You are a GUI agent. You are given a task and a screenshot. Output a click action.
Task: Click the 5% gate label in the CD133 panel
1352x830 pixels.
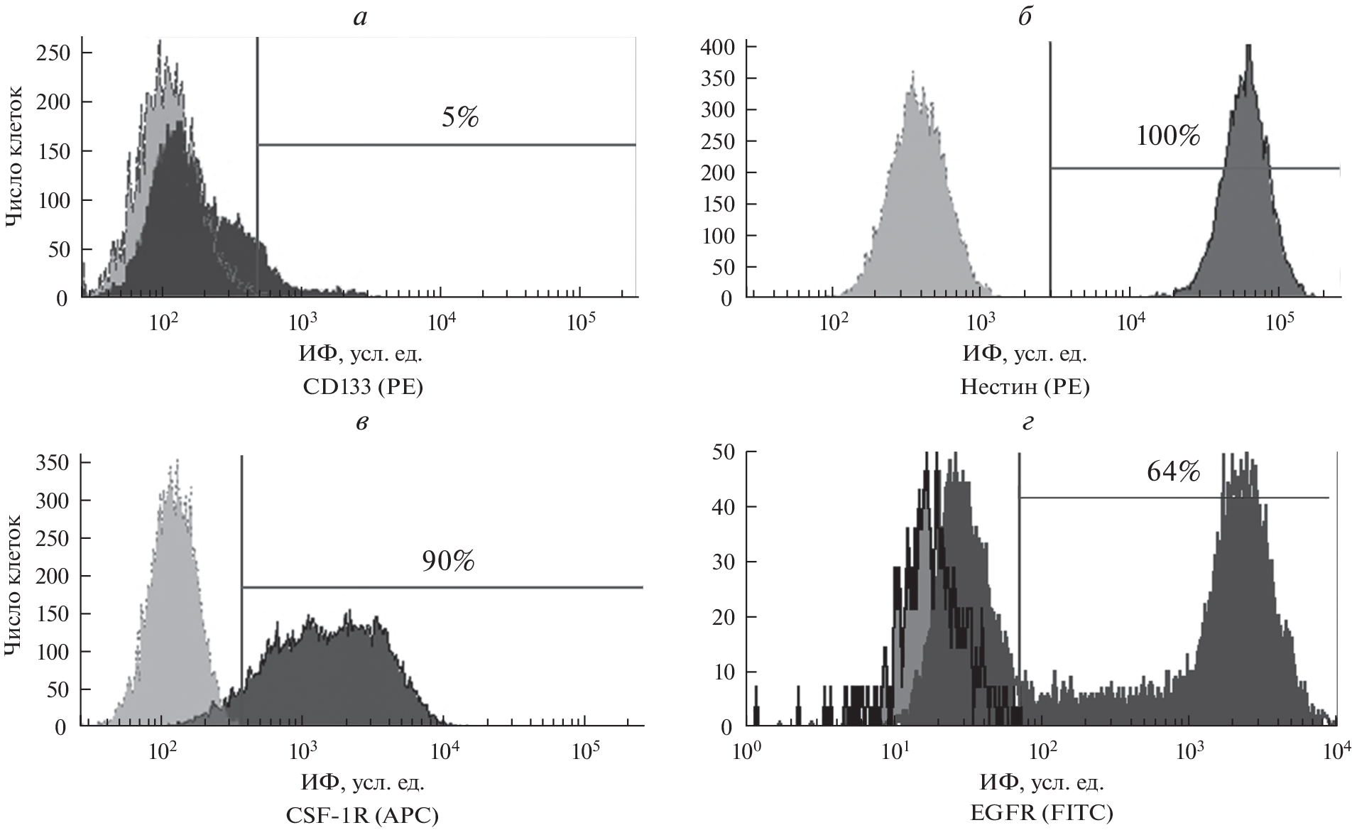[460, 117]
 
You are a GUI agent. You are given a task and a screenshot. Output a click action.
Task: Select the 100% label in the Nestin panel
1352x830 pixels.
[1168, 136]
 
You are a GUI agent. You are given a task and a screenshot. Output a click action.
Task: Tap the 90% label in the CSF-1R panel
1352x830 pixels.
[447, 561]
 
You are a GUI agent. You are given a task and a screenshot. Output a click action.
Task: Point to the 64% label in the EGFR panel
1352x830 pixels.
[1173, 472]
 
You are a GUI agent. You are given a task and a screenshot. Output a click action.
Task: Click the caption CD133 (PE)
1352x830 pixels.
[362, 387]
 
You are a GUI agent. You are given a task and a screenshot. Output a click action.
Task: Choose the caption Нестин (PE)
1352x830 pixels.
[1025, 387]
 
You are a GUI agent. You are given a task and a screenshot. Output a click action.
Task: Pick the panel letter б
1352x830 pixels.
[1025, 16]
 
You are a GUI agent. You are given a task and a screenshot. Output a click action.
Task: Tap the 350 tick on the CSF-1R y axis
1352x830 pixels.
[53, 463]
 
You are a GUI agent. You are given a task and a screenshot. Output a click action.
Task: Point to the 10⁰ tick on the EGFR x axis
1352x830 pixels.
[747, 749]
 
